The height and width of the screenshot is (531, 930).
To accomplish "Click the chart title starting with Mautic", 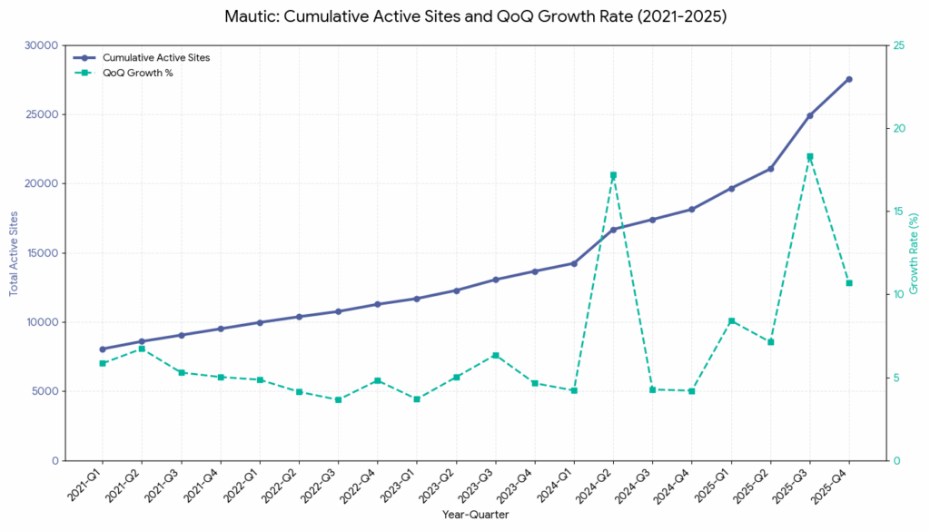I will coord(465,15).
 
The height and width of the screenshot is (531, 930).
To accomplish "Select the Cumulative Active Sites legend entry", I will coord(155,57).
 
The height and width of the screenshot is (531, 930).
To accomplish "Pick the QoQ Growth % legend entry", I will coord(137,73).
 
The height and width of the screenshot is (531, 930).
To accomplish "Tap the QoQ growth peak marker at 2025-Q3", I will coord(809,156).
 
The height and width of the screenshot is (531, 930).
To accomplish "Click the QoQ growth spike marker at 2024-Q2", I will coord(613,175).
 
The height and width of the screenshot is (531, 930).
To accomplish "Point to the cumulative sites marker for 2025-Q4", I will coord(849,79).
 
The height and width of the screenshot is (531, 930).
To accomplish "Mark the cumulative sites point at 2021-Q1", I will coord(103,349).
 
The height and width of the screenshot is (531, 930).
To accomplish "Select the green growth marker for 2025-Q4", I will coord(849,283).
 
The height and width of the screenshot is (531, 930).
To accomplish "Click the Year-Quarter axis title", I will coord(475,515).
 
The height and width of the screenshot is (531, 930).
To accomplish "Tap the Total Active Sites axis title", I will coord(14,252).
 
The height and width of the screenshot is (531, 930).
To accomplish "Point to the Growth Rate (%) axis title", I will coord(915,252).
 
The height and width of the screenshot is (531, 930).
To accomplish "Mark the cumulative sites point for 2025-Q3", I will coord(809,115).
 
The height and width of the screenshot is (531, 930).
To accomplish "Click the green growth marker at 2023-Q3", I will coord(495,356).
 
